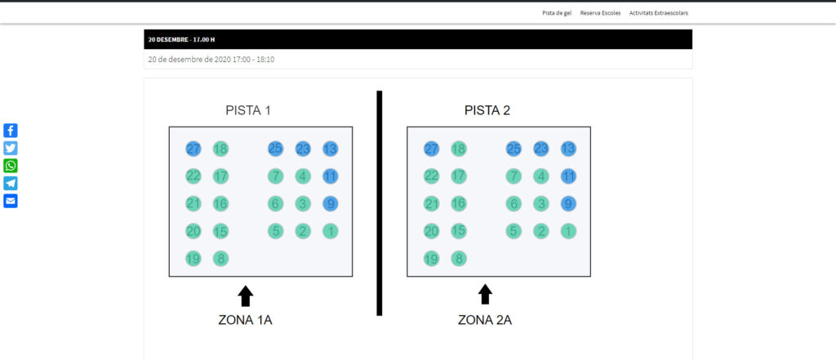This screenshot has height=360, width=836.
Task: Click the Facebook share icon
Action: (x=11, y=131)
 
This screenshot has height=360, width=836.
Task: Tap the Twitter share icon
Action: (x=11, y=148)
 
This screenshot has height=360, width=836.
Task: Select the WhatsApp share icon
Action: (x=11, y=166)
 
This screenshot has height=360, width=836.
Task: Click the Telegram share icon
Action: (x=11, y=183)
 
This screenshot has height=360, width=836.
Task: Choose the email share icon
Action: (x=11, y=201)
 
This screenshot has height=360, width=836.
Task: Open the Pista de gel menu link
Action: (x=557, y=13)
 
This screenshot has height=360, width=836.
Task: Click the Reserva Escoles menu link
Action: (x=600, y=13)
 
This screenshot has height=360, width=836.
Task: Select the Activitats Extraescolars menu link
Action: (x=659, y=13)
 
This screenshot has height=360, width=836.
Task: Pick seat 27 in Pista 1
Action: (x=193, y=149)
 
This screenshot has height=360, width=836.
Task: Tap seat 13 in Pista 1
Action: (x=330, y=149)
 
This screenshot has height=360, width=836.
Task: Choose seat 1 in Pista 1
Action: (x=330, y=231)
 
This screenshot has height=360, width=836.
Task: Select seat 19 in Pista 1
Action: (x=193, y=259)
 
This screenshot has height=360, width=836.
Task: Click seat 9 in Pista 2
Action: (x=568, y=204)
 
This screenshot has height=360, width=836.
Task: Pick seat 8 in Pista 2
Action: (x=459, y=259)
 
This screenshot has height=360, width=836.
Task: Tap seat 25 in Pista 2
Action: (x=514, y=149)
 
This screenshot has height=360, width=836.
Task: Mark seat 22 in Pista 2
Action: (x=431, y=176)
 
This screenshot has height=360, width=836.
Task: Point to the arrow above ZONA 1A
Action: (x=246, y=296)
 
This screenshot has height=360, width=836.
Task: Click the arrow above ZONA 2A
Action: (x=485, y=294)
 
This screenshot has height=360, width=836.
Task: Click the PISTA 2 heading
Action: (x=487, y=110)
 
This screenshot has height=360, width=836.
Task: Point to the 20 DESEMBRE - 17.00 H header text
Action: (x=181, y=39)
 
